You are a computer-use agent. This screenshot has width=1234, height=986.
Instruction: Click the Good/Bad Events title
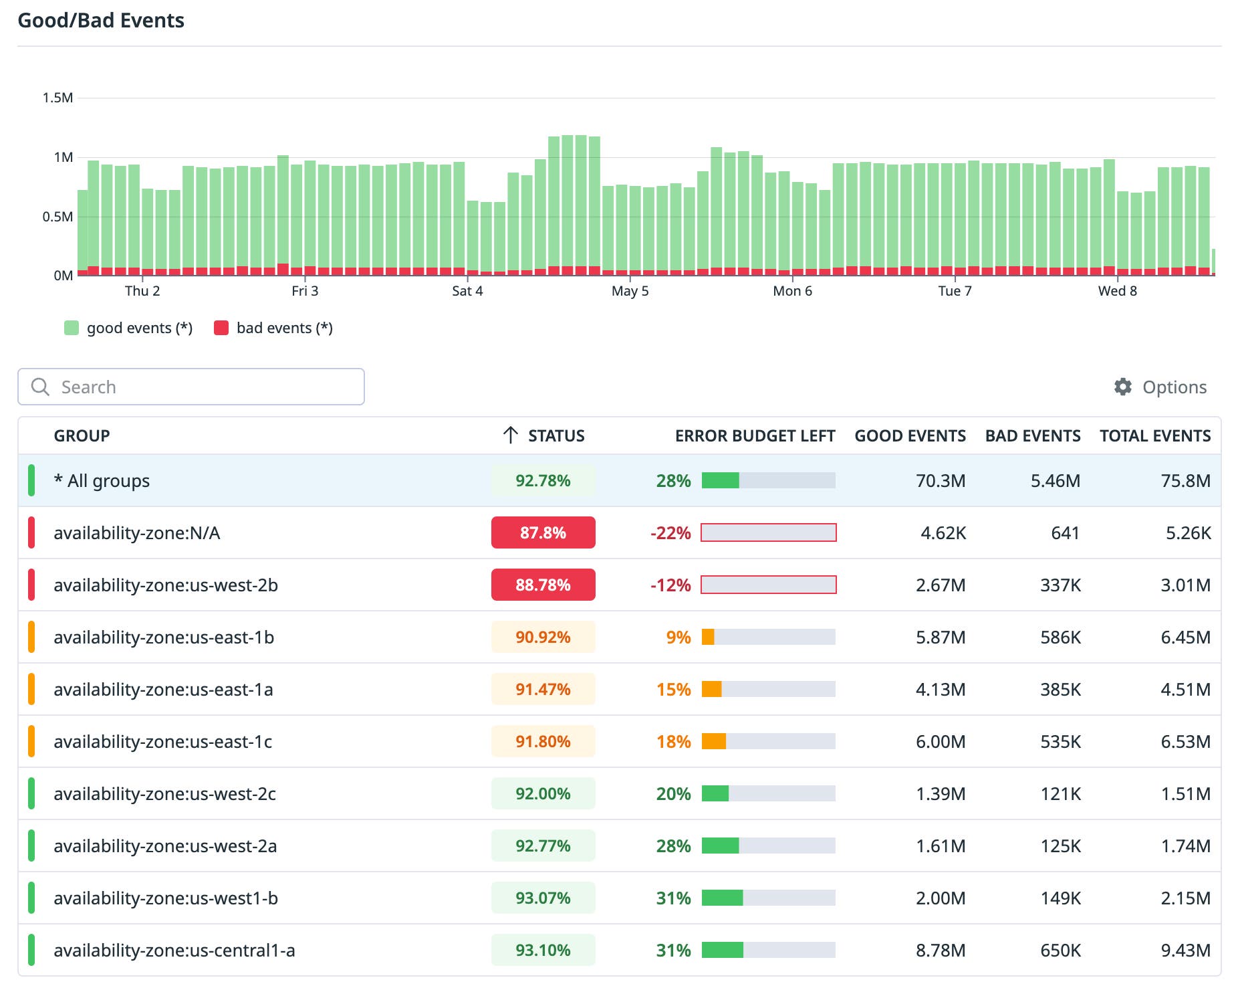100,20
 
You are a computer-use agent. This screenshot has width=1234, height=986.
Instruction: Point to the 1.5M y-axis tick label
57,98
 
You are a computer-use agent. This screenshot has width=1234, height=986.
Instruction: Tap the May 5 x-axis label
630,291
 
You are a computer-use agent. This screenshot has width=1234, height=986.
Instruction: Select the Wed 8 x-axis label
1117,291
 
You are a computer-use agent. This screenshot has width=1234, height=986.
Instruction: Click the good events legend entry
128,328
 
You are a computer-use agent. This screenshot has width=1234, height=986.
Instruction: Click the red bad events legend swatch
221,328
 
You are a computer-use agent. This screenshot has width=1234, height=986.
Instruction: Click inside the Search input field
201,387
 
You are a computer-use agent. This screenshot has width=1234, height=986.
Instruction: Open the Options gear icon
1123,387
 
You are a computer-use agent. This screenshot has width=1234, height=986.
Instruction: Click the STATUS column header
556,436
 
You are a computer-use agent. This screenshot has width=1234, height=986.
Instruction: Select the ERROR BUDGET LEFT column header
755,436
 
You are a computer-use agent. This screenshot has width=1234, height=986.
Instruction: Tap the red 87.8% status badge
543,532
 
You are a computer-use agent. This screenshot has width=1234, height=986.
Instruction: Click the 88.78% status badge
543,585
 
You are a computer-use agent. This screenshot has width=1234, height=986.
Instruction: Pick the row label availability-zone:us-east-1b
164,637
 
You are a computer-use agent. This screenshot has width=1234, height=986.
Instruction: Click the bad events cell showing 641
1065,532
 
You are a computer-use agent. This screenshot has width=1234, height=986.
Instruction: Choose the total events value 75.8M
1185,480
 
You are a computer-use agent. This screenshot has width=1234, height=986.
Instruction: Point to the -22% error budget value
670,532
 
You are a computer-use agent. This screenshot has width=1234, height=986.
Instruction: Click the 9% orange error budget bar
709,637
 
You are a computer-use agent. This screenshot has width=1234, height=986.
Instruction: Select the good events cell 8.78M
940,950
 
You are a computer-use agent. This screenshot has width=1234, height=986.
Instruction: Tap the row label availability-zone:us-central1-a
174,950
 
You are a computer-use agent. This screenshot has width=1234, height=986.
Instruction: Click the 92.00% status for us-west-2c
543,793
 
